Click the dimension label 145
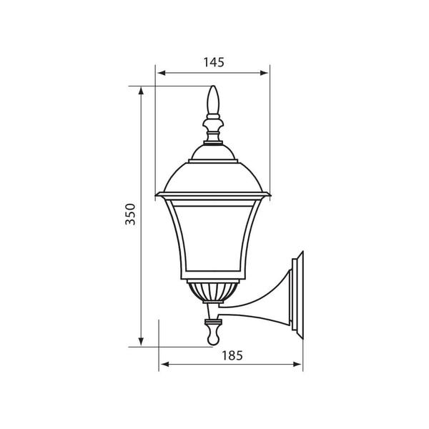[214, 62]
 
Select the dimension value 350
[130, 214]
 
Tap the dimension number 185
[232, 355]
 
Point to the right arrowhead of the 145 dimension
[264, 73]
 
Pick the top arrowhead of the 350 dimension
[141, 91]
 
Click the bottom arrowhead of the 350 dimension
[141, 342]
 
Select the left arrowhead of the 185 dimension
[165, 364]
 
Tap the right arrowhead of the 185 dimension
[297, 364]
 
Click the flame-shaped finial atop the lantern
[213, 100]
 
